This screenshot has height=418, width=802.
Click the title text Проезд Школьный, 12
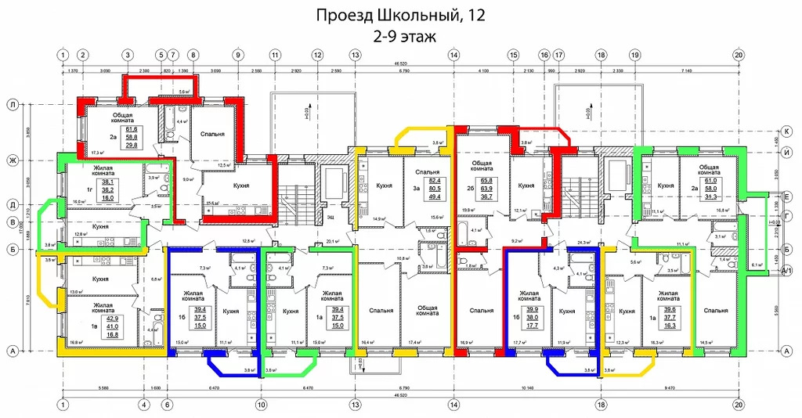click(400, 15)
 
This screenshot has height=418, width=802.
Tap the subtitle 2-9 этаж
click(400, 35)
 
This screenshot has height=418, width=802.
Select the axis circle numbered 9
click(237, 56)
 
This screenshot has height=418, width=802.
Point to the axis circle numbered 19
click(634, 56)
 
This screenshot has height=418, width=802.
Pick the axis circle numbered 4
click(144, 405)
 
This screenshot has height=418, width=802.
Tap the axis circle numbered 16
click(544, 56)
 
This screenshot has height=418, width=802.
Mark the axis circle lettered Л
click(13, 104)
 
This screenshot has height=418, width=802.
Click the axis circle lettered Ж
click(13, 160)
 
